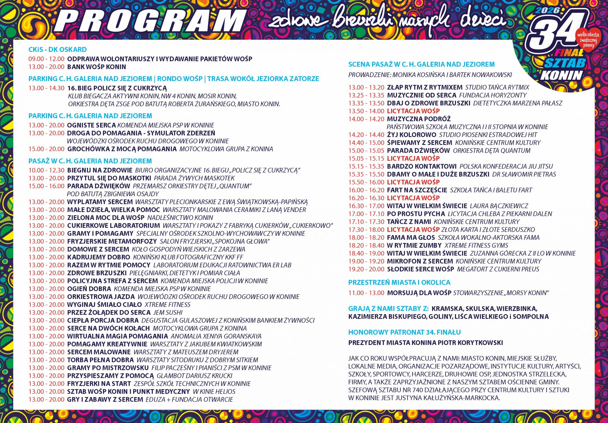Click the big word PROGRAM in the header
[x=149, y=20]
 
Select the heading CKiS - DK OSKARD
[x=58, y=50]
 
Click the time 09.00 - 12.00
[x=47, y=59]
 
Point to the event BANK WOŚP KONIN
[x=96, y=67]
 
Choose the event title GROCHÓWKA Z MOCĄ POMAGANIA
[x=122, y=149]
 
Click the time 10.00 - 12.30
[x=47, y=170]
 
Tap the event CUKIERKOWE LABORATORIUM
[x=113, y=226]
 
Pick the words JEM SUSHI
[x=168, y=312]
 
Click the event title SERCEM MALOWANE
[x=99, y=352]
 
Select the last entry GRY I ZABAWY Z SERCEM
[x=105, y=399]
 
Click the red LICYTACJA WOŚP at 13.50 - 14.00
[x=413, y=111]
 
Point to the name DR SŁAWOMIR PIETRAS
[x=524, y=174]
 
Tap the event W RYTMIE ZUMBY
[x=414, y=245]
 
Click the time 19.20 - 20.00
[x=366, y=269]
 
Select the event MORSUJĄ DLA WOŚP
[x=419, y=293]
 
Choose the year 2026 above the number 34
[x=547, y=10]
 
